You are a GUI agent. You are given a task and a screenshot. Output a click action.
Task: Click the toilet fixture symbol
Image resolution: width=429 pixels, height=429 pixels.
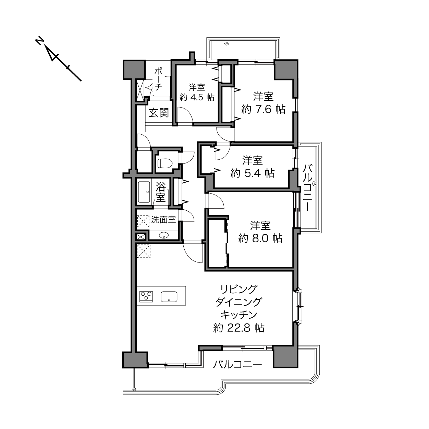(165, 163)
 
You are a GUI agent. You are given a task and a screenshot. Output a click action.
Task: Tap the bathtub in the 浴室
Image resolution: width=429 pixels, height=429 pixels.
(144, 192)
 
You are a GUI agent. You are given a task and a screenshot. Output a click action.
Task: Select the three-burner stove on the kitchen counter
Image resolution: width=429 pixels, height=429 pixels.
(146, 297)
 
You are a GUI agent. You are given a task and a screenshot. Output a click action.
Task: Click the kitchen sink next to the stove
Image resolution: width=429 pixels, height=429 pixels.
(169, 297)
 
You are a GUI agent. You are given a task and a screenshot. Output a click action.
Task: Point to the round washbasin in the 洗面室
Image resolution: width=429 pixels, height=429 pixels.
(164, 235)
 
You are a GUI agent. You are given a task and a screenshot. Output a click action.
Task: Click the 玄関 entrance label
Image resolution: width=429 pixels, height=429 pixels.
(159, 113)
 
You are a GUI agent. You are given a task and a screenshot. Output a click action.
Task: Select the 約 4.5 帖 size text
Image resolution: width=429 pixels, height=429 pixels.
(197, 97)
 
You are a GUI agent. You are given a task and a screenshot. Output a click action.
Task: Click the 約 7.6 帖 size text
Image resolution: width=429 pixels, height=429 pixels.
(263, 109)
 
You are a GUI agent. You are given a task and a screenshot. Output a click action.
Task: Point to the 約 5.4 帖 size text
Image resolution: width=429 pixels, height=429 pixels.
(253, 173)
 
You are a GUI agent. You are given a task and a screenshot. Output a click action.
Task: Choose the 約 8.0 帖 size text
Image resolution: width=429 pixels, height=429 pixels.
(260, 238)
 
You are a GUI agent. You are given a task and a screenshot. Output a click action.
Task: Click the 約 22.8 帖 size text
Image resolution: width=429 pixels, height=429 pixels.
(238, 328)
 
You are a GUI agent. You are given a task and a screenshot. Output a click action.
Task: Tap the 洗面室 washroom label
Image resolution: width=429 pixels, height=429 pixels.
(163, 220)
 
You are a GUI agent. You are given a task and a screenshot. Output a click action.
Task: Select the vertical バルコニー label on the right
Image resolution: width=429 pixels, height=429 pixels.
(308, 187)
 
